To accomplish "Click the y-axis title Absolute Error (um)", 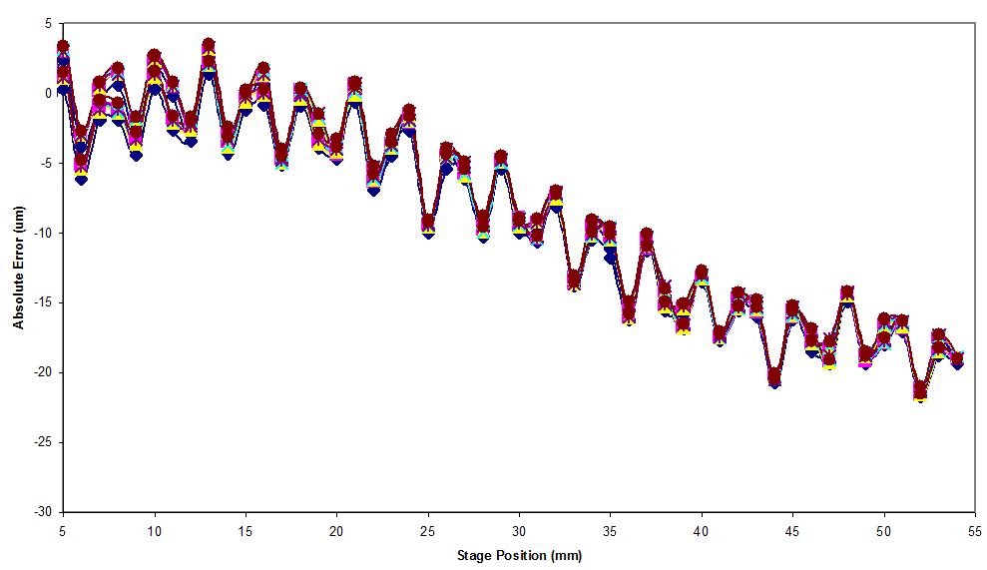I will [18, 268].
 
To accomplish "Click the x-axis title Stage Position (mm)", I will [519, 555].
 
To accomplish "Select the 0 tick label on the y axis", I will [48, 93].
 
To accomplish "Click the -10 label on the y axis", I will [43, 233].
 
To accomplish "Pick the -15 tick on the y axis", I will [43, 302].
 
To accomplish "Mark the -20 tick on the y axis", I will [43, 372].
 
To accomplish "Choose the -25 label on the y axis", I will [43, 442].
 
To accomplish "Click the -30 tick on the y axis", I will [43, 512].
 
